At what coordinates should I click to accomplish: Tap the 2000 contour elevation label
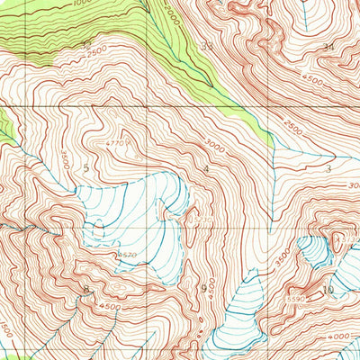pyautogui.click(x=171, y=18)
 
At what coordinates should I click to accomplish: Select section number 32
pyautogui.click(x=86, y=43)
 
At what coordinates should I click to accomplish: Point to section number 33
pyautogui.click(x=208, y=45)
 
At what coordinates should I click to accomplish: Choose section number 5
pyautogui.click(x=87, y=167)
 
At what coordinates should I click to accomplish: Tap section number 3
pyautogui.click(x=329, y=168)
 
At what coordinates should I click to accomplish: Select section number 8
pyautogui.click(x=86, y=290)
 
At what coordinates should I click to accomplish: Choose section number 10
pyautogui.click(x=329, y=290)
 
